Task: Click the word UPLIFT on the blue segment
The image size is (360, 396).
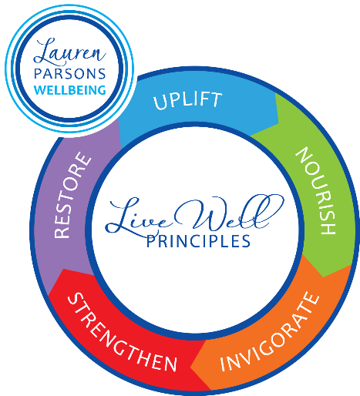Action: pos(188,100)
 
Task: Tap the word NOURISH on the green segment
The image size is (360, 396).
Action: pos(316,190)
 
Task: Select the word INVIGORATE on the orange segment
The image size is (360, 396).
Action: pos(270,332)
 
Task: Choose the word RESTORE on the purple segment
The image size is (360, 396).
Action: pos(72,195)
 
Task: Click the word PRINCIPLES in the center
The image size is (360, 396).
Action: pos(198,241)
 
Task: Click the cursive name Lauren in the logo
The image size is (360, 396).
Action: pos(69,52)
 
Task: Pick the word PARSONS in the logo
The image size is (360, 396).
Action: pos(70,74)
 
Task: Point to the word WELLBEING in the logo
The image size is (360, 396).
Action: pos(70,90)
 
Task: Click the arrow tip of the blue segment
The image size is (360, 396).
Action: pos(278,123)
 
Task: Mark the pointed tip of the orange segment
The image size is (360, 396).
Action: pos(190,368)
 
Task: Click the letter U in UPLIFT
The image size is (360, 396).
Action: pos(160,102)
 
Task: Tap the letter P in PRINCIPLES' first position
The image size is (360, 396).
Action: pos(150,241)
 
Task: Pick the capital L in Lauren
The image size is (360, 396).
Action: pos(44,51)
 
